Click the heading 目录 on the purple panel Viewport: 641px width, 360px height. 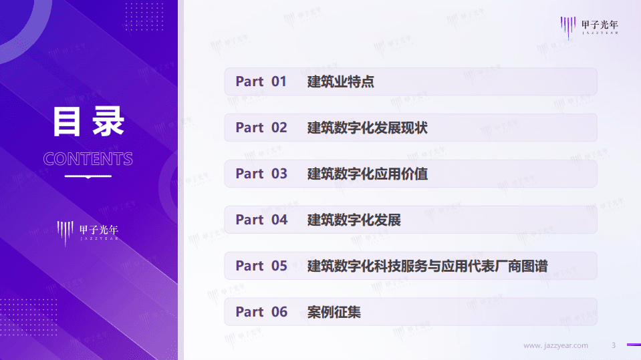pos(88,122)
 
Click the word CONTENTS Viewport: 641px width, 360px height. pos(88,159)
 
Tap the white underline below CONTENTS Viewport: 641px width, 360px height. pos(88,176)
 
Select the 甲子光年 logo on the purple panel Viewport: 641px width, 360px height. pos(88,232)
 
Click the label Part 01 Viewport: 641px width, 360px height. pos(261,81)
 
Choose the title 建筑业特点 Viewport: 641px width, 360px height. pos(340,81)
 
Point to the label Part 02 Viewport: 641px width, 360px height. pos(261,128)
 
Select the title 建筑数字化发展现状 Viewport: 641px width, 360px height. pos(367,128)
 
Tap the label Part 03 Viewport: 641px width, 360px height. pos(261,174)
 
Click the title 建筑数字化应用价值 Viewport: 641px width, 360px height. pos(367,174)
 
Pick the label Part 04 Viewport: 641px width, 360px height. pos(261,220)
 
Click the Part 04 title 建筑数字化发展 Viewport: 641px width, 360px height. pos(354,220)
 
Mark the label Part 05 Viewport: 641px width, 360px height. pos(261,266)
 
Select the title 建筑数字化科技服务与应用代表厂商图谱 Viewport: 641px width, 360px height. pos(427,266)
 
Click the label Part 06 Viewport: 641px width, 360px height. pos(261,312)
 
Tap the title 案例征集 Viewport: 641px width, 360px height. pos(334,312)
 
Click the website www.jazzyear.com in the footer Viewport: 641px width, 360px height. pos(555,345)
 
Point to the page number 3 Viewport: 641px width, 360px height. pos(614,345)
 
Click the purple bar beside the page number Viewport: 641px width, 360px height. pos(633,345)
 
